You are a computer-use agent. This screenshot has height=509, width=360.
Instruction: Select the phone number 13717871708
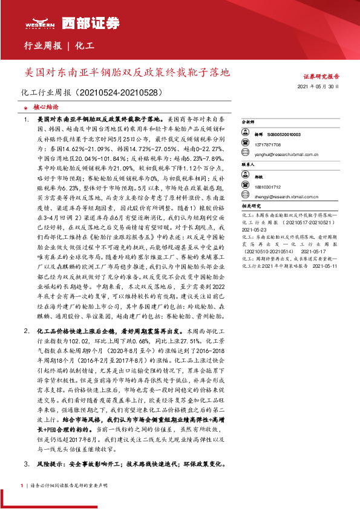click(267, 145)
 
